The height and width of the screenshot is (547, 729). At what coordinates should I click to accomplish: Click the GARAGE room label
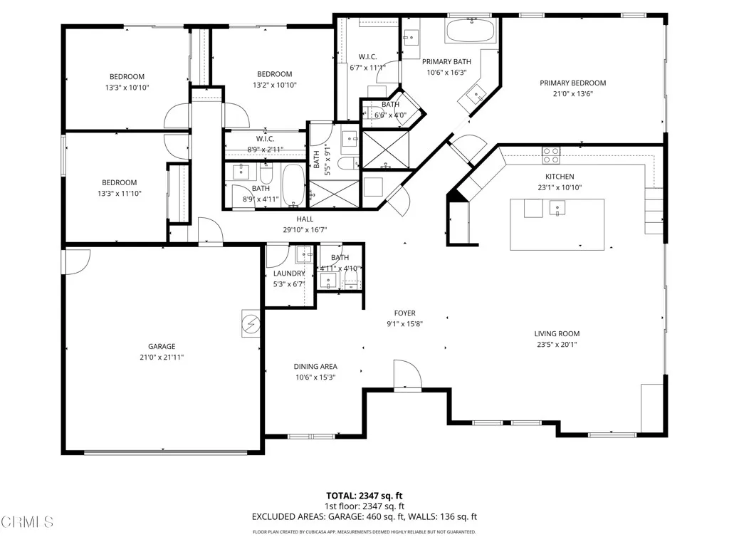coord(162,347)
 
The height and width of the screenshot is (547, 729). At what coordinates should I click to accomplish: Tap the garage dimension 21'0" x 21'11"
coord(162,358)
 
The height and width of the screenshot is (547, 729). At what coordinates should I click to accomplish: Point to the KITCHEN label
coord(560,177)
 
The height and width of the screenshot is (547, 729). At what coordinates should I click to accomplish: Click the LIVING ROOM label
coord(557,333)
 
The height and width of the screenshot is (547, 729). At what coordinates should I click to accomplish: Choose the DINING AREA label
coord(315,367)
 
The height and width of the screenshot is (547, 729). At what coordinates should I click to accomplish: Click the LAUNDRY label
coord(289,273)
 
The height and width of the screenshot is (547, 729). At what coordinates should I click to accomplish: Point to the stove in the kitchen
coord(551,151)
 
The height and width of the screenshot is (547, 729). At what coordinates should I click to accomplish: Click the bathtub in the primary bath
coord(471,31)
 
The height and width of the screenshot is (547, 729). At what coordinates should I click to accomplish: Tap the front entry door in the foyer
coord(407,375)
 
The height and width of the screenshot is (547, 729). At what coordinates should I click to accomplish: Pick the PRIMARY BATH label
coord(447,62)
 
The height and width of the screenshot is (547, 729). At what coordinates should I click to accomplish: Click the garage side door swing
coord(76,261)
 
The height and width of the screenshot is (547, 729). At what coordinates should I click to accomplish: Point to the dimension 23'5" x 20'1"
coord(557,345)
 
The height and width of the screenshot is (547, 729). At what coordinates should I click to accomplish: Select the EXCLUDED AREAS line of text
coord(364,516)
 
